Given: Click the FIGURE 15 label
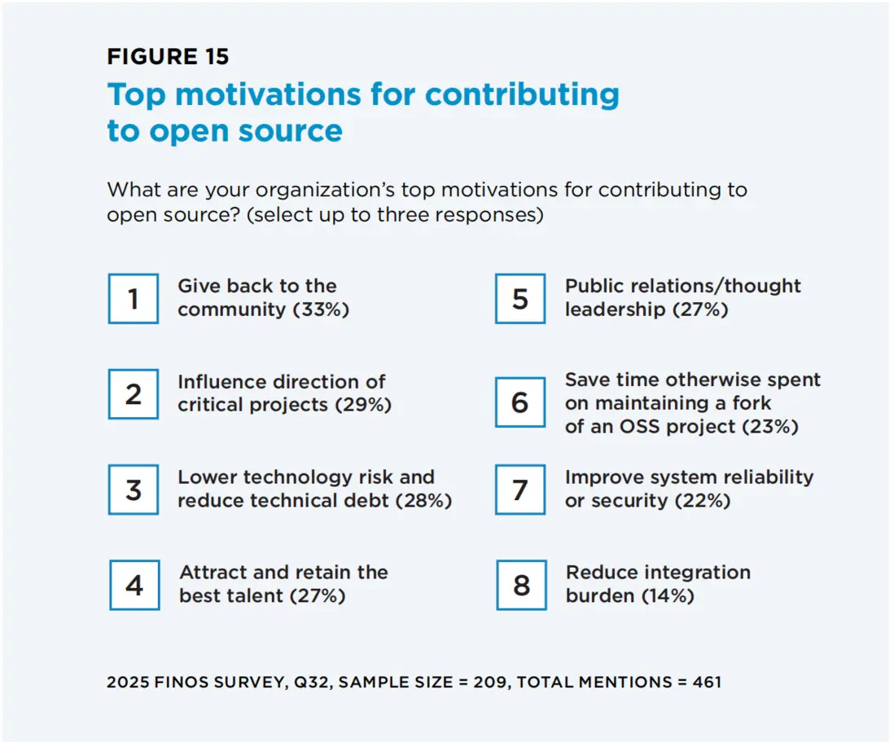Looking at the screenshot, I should click(x=168, y=56).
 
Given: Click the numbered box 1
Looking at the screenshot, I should click(x=134, y=299).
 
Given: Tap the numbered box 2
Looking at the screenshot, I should click(x=134, y=394).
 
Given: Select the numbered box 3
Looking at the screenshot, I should click(x=134, y=490).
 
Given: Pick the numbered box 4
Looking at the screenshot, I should click(x=134, y=585).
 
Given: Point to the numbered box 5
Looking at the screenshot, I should click(x=520, y=299).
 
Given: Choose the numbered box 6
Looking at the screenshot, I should click(x=520, y=402).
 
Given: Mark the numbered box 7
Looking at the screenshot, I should click(x=520, y=490).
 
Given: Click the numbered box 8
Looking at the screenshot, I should click(x=520, y=585).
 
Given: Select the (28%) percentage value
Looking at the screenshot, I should click(x=423, y=501).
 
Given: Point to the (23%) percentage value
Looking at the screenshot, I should click(x=770, y=427).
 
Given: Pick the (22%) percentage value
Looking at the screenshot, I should click(x=703, y=501).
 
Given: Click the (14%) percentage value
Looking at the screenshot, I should click(x=668, y=596).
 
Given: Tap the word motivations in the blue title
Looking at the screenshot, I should click(x=269, y=94).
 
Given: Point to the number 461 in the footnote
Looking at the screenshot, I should click(x=706, y=682).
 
